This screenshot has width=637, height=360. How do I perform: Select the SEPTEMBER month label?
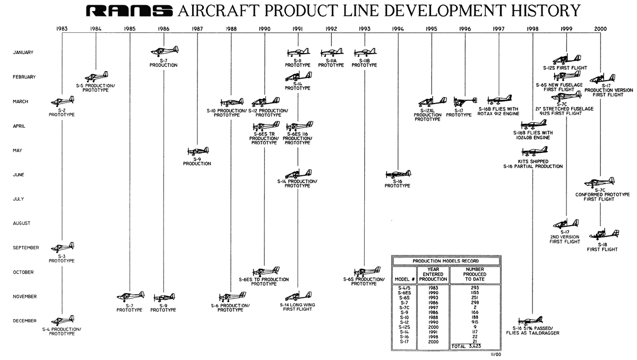(26, 248)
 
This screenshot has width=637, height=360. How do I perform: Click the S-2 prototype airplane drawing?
(63, 101)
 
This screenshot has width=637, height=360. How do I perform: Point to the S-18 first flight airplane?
(604, 234)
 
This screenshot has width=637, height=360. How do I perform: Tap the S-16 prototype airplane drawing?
(398, 174)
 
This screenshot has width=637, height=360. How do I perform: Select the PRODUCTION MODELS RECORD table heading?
(445, 261)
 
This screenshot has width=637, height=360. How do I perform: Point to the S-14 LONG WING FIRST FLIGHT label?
(297, 306)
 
